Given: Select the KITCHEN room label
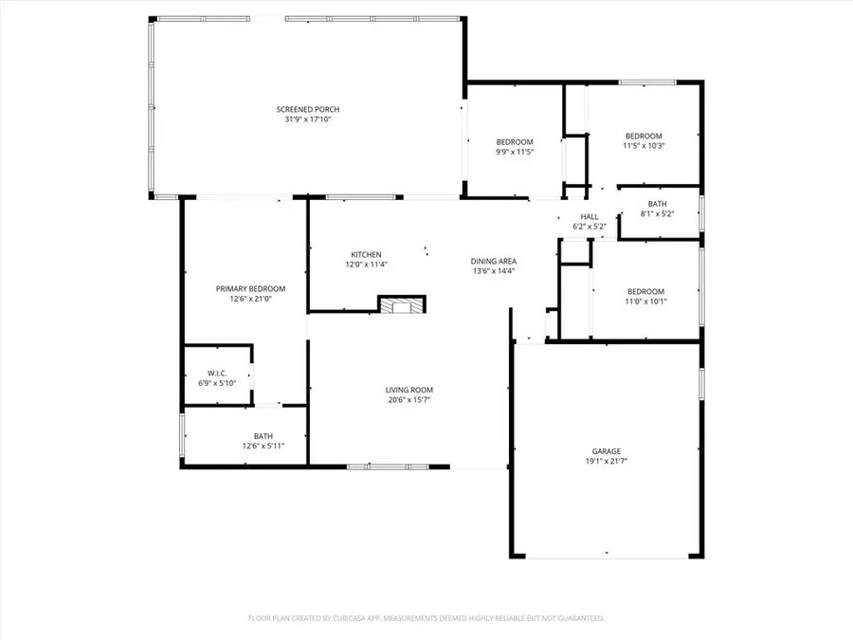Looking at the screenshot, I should (x=366, y=254).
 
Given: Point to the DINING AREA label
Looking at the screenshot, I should (x=493, y=261).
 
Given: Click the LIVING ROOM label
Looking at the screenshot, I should (x=408, y=390).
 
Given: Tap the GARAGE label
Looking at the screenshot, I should (x=607, y=451).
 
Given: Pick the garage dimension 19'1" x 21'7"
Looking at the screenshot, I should (x=607, y=462).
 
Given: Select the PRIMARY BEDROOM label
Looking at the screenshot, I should (x=250, y=288).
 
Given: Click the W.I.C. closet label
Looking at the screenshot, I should (x=217, y=373).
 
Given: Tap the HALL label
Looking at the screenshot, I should (x=590, y=217).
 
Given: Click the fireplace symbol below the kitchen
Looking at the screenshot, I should (x=403, y=304).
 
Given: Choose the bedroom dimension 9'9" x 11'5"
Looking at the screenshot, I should (x=515, y=152).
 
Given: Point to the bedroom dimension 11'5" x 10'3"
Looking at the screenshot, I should (x=644, y=145).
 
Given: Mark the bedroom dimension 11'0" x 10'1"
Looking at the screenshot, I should (x=645, y=302).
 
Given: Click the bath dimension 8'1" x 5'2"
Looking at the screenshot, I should (x=657, y=214).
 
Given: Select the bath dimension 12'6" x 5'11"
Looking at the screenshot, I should (x=263, y=445).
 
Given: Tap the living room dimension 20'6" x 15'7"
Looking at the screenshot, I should (x=408, y=400).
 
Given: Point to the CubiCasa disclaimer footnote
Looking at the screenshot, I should (x=426, y=618).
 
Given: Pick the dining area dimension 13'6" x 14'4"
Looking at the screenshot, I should (x=493, y=271).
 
